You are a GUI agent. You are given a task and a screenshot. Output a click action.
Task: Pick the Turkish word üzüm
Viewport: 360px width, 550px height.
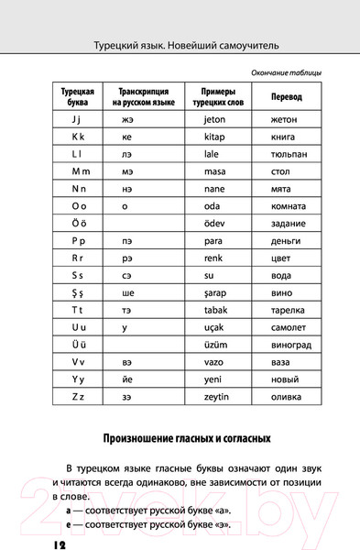(x=218, y=345)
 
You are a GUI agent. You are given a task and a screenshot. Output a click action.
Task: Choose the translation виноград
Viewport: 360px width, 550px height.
(x=293, y=346)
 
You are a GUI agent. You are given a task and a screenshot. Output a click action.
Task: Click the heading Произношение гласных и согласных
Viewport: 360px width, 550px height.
(x=180, y=439)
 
